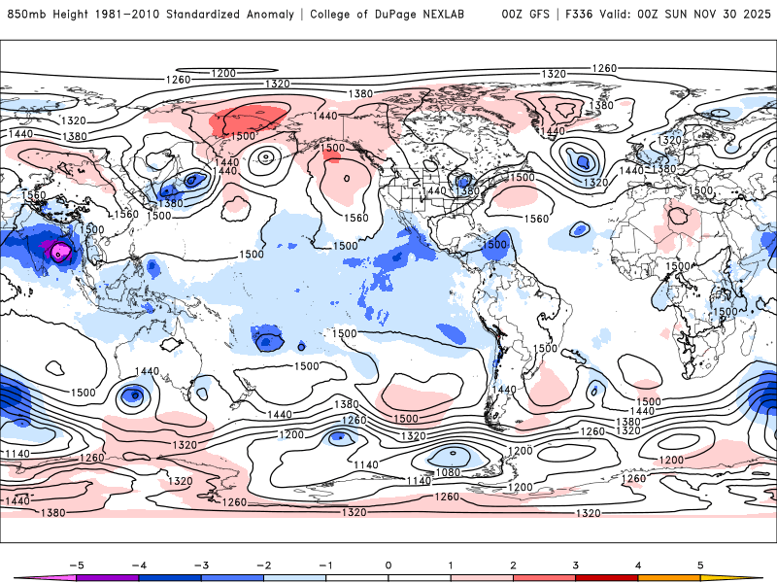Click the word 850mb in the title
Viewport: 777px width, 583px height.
25,15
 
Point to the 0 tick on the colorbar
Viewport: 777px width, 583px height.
388,565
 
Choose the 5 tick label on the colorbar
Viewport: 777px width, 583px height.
700,565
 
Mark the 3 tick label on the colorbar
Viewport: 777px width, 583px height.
575,565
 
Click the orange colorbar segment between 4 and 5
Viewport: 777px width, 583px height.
669,578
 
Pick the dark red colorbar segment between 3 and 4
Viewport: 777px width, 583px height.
607,578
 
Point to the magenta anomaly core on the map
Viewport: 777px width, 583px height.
61,253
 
